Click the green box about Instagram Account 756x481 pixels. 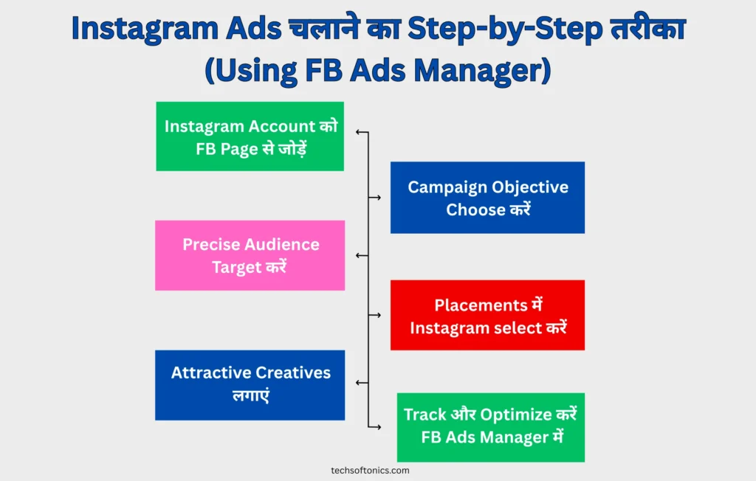(250, 136)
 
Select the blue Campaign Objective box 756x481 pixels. (487, 198)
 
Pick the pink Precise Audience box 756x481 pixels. (250, 255)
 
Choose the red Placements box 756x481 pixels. (487, 315)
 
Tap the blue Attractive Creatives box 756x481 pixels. (250, 385)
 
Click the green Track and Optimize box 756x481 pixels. (491, 427)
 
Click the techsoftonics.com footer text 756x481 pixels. (370, 471)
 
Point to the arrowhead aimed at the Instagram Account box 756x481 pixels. (358, 132)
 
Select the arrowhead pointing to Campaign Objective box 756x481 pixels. (379, 198)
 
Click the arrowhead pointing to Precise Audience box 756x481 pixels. (358, 255)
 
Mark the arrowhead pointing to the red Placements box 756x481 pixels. (379, 315)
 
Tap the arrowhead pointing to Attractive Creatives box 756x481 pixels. (358, 383)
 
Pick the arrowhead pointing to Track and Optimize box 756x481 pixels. (379, 427)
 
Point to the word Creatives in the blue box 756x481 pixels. (293, 373)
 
